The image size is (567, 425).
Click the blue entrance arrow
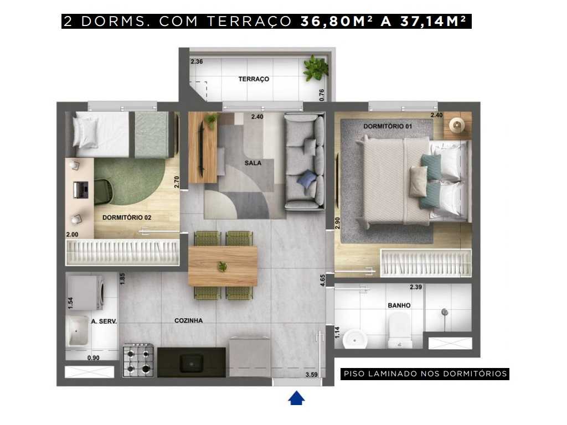click(297, 398)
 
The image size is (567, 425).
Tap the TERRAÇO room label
click(254, 79)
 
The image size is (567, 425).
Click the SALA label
click(252, 163)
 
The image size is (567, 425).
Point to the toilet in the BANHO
click(398, 330)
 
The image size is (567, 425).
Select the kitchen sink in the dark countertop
click(192, 363)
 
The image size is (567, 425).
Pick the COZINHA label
click(188, 320)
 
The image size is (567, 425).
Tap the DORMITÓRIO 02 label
click(127, 217)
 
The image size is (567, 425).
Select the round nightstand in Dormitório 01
click(457, 125)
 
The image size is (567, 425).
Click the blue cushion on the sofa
click(307, 179)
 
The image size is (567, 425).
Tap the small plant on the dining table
click(223, 267)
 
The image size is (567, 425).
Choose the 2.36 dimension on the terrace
click(197, 62)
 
